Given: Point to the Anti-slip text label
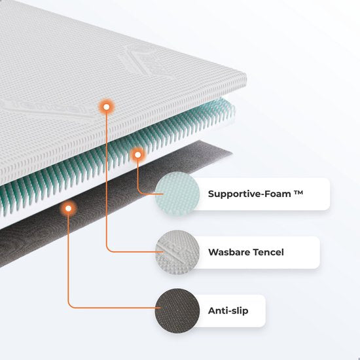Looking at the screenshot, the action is (x=228, y=311).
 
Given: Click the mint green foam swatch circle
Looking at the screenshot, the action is (x=177, y=194).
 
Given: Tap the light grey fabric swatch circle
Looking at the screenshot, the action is (x=177, y=252).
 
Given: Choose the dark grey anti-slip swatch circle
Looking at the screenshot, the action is (x=177, y=310).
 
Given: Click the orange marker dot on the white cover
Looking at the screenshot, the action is (x=106, y=107).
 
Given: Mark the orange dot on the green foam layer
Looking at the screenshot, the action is (x=137, y=155).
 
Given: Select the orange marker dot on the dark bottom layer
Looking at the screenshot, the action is (x=68, y=208).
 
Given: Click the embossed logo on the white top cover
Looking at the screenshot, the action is (x=147, y=60).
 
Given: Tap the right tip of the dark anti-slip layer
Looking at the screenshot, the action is (x=232, y=152).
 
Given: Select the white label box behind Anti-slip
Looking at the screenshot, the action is (x=230, y=311).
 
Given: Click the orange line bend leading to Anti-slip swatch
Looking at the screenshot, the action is (x=69, y=306).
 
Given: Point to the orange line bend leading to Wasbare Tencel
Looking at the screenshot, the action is (x=107, y=251).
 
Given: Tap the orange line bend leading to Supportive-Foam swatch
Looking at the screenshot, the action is (x=139, y=192).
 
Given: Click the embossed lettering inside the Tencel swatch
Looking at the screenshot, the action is (x=175, y=252).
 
